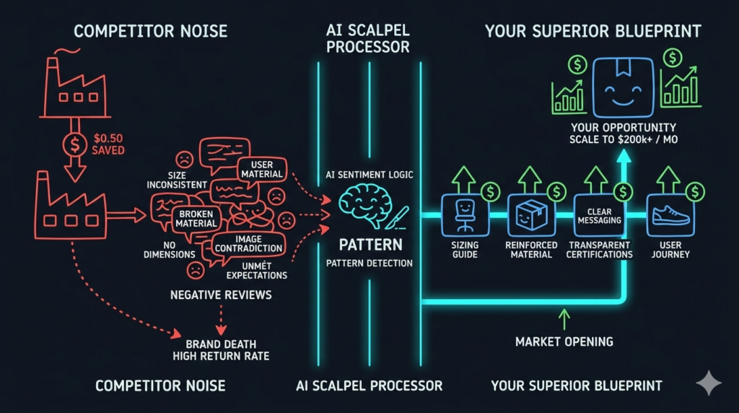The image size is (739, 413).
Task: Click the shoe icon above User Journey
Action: [x=669, y=216]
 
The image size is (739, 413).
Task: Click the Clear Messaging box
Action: [x=599, y=215]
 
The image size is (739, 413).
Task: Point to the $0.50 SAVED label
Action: [x=108, y=144]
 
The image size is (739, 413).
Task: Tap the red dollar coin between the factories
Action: [x=74, y=144]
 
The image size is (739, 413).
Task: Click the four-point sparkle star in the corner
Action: [x=709, y=383]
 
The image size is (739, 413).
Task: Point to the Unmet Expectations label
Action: [x=256, y=270]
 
